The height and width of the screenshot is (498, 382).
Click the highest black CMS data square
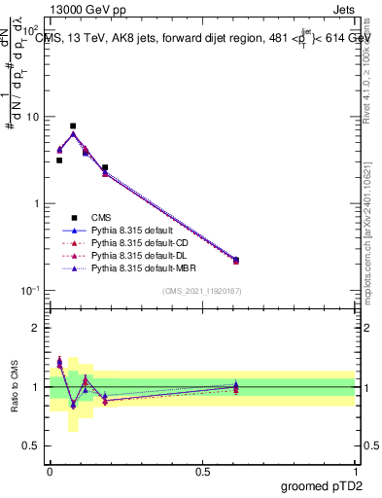[x=73, y=125]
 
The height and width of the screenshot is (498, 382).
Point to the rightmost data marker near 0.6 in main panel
[x=236, y=260]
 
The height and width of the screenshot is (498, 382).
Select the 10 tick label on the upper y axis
[x=33, y=117]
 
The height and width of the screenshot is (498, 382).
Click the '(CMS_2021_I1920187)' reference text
[x=202, y=292]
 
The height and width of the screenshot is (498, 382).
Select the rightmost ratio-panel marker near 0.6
[x=236, y=387]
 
